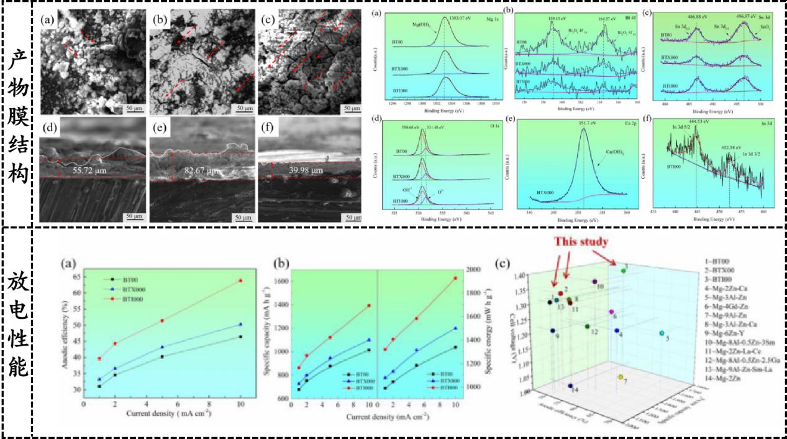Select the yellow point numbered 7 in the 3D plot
[x=620, y=377]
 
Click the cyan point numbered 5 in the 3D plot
[x=661, y=334]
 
